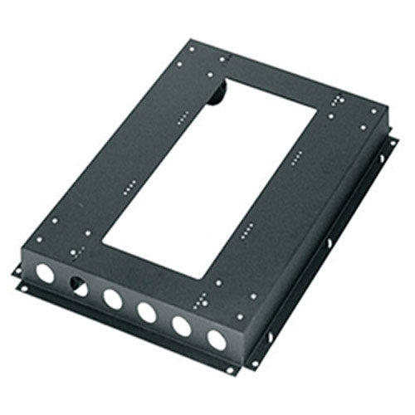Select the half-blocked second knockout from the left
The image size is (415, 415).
(x=77, y=284)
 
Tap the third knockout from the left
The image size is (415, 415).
(x=111, y=297)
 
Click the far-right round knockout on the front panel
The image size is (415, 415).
(x=216, y=340)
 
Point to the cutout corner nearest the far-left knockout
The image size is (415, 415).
(x=101, y=242)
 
